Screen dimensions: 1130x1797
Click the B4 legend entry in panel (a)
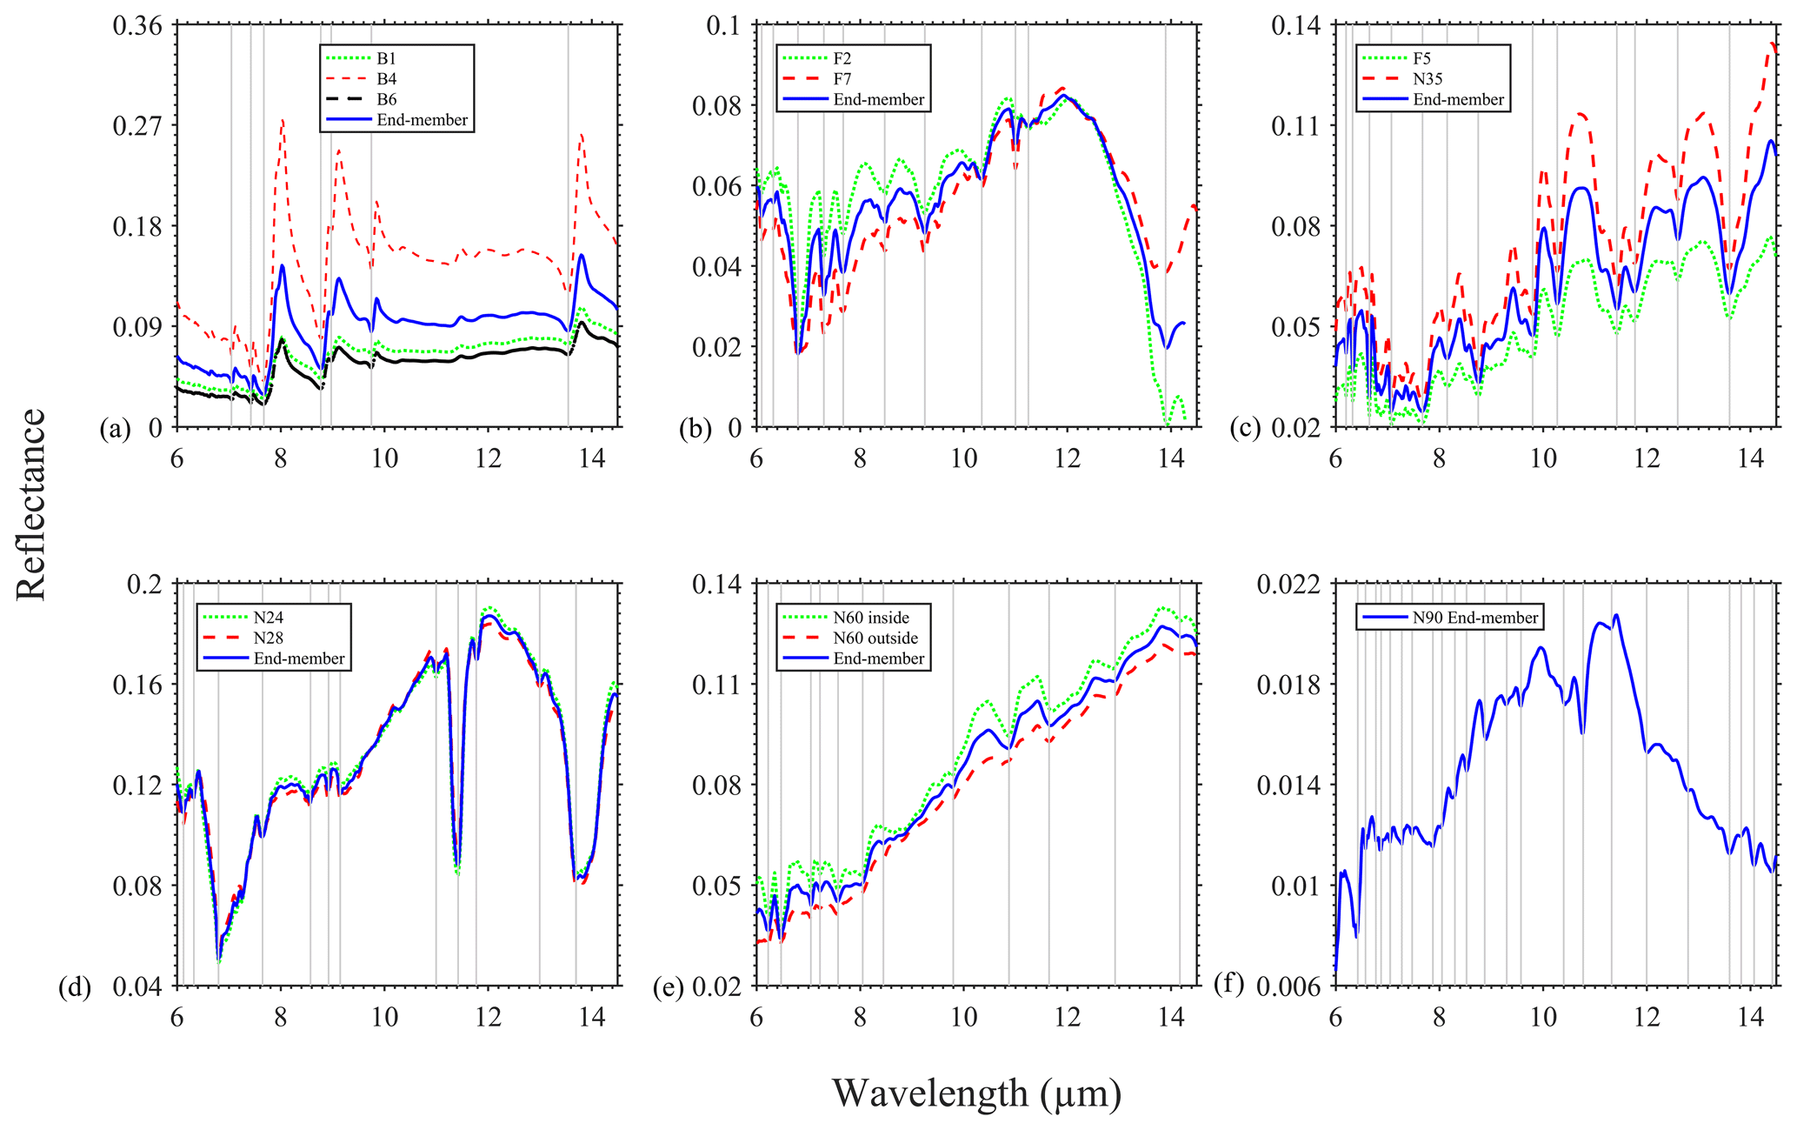pos(387,79)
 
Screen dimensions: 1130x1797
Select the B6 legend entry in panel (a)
pos(387,100)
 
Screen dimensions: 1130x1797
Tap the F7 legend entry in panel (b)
pos(842,79)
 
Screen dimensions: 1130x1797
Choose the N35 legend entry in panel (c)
pos(1427,79)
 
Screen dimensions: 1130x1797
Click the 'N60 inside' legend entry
pos(870,618)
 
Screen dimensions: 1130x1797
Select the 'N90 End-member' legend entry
pos(1474,618)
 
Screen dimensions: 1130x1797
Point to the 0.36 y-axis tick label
pos(137,25)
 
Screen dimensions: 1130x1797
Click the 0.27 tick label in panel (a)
pos(137,126)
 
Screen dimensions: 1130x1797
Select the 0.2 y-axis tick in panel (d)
pos(145,584)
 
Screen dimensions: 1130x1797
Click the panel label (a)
pos(116,428)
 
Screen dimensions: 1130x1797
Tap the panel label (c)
pos(1245,428)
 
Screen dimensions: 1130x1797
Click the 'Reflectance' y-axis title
pos(31,505)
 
